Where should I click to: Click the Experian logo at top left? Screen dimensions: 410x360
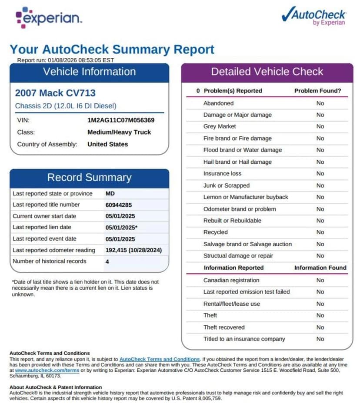click(x=48, y=17)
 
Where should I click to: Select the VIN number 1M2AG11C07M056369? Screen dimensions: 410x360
click(x=121, y=120)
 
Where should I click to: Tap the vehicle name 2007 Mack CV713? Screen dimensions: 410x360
click(x=55, y=93)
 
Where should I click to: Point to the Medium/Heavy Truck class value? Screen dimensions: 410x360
click(x=119, y=132)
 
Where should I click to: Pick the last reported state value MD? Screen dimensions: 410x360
click(x=110, y=193)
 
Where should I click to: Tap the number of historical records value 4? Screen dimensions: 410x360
click(x=107, y=261)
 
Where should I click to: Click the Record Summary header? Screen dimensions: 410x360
click(x=89, y=178)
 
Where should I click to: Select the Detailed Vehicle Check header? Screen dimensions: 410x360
click(x=267, y=72)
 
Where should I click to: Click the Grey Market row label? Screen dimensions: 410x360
click(x=220, y=126)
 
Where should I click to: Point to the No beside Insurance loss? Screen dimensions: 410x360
click(x=320, y=173)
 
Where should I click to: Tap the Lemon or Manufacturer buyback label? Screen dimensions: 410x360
click(x=246, y=197)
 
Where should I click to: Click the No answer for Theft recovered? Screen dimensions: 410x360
click(x=320, y=327)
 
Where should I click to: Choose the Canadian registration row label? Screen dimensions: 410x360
click(x=231, y=280)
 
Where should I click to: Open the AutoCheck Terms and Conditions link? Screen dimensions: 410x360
click(x=159, y=359)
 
